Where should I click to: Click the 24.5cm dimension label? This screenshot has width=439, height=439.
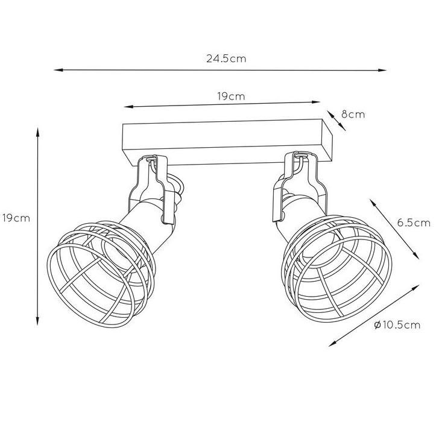point(226,59)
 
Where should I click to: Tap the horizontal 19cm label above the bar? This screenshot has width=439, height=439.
point(231,96)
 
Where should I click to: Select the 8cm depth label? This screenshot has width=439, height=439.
point(353,115)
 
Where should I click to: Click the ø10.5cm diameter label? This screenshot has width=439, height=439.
point(397,325)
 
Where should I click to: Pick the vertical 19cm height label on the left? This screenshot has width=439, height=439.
point(16,218)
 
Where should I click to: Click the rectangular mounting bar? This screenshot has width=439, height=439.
point(227,143)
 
